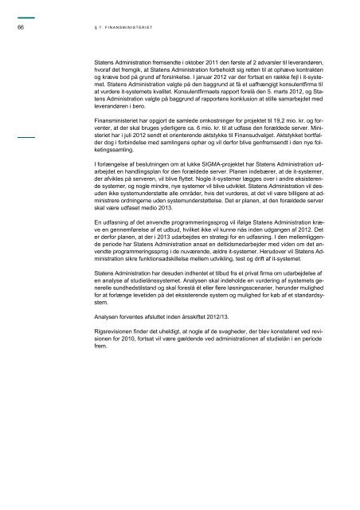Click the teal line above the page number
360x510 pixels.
pos(24,16)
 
